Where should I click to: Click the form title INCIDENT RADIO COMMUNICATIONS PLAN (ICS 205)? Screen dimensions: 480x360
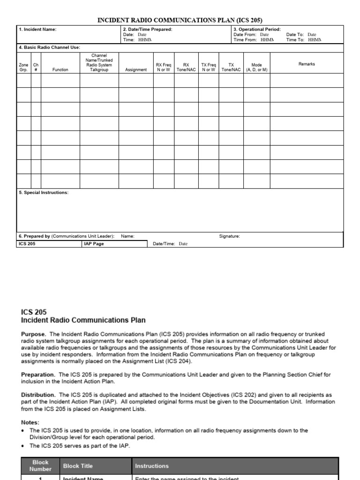click(x=180, y=20)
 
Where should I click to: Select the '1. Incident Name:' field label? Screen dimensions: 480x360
click(x=37, y=30)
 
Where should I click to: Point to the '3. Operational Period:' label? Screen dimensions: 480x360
click(x=257, y=30)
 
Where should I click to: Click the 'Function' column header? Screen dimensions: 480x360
click(x=60, y=70)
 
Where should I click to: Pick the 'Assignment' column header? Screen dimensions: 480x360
click(x=136, y=70)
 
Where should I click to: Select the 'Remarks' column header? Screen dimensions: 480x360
click(x=307, y=64)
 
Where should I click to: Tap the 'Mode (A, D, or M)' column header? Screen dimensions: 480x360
click(x=257, y=67)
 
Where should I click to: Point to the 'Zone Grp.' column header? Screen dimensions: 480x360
click(x=23, y=67)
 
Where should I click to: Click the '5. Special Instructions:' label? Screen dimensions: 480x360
click(x=44, y=193)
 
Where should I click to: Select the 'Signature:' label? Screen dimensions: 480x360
click(x=230, y=236)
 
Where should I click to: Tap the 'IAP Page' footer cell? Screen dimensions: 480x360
click(x=93, y=244)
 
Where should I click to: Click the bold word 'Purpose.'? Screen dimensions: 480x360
click(x=34, y=334)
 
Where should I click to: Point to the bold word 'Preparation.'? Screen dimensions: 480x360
click(x=38, y=375)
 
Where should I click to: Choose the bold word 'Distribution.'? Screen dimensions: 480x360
click(x=38, y=395)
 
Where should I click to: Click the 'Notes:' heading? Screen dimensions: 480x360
click(x=30, y=422)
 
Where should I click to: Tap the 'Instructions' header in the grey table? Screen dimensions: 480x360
click(x=151, y=466)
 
